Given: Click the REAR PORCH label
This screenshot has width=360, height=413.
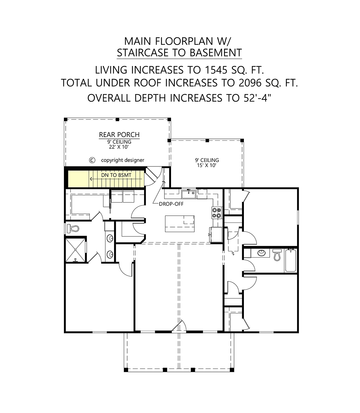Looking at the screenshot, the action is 119,135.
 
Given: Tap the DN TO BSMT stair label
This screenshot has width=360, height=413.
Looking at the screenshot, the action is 116,175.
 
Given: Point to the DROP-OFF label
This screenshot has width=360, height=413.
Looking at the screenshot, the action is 171,204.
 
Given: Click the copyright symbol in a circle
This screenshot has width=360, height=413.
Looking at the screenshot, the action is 92,160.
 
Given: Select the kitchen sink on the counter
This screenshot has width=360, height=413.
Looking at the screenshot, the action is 189,194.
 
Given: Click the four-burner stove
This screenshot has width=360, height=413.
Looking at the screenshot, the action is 217,213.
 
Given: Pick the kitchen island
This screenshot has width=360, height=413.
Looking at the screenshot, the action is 180,224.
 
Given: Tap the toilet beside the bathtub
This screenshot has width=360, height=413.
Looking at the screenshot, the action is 277,255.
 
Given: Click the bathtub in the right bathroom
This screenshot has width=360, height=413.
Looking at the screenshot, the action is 290,260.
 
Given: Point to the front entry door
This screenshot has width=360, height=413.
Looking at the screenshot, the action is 180,327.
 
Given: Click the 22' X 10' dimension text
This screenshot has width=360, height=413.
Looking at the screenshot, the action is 119,147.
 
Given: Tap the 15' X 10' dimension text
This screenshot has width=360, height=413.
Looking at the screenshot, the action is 207,165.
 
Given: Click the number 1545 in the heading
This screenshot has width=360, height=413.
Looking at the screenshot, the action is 216,70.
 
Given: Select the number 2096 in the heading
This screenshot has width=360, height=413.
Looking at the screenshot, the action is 250,83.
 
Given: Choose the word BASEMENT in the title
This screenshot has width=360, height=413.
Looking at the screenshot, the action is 216,53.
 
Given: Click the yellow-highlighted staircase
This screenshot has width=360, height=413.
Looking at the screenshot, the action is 106,179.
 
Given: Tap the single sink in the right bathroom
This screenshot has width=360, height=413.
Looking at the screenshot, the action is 262,253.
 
